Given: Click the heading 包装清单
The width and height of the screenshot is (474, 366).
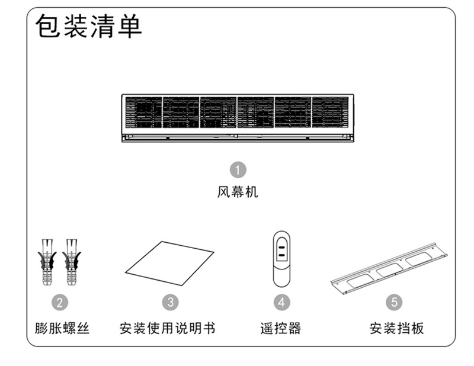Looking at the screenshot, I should click(89, 27).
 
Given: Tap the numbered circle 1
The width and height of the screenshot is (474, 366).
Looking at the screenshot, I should click(238, 171).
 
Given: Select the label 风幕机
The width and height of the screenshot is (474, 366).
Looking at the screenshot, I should click(238, 192).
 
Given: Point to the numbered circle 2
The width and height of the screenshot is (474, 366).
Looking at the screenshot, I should click(60, 302).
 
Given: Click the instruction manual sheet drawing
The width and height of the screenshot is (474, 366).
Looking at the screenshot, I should click(169, 264).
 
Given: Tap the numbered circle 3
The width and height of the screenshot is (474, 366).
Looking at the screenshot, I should click(171, 302).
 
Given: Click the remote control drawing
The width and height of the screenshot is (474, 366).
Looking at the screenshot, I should click(281, 259).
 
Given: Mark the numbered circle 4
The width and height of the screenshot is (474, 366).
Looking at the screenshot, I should click(281, 302).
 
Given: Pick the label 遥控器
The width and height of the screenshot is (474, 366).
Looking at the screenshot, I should click(281, 328).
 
